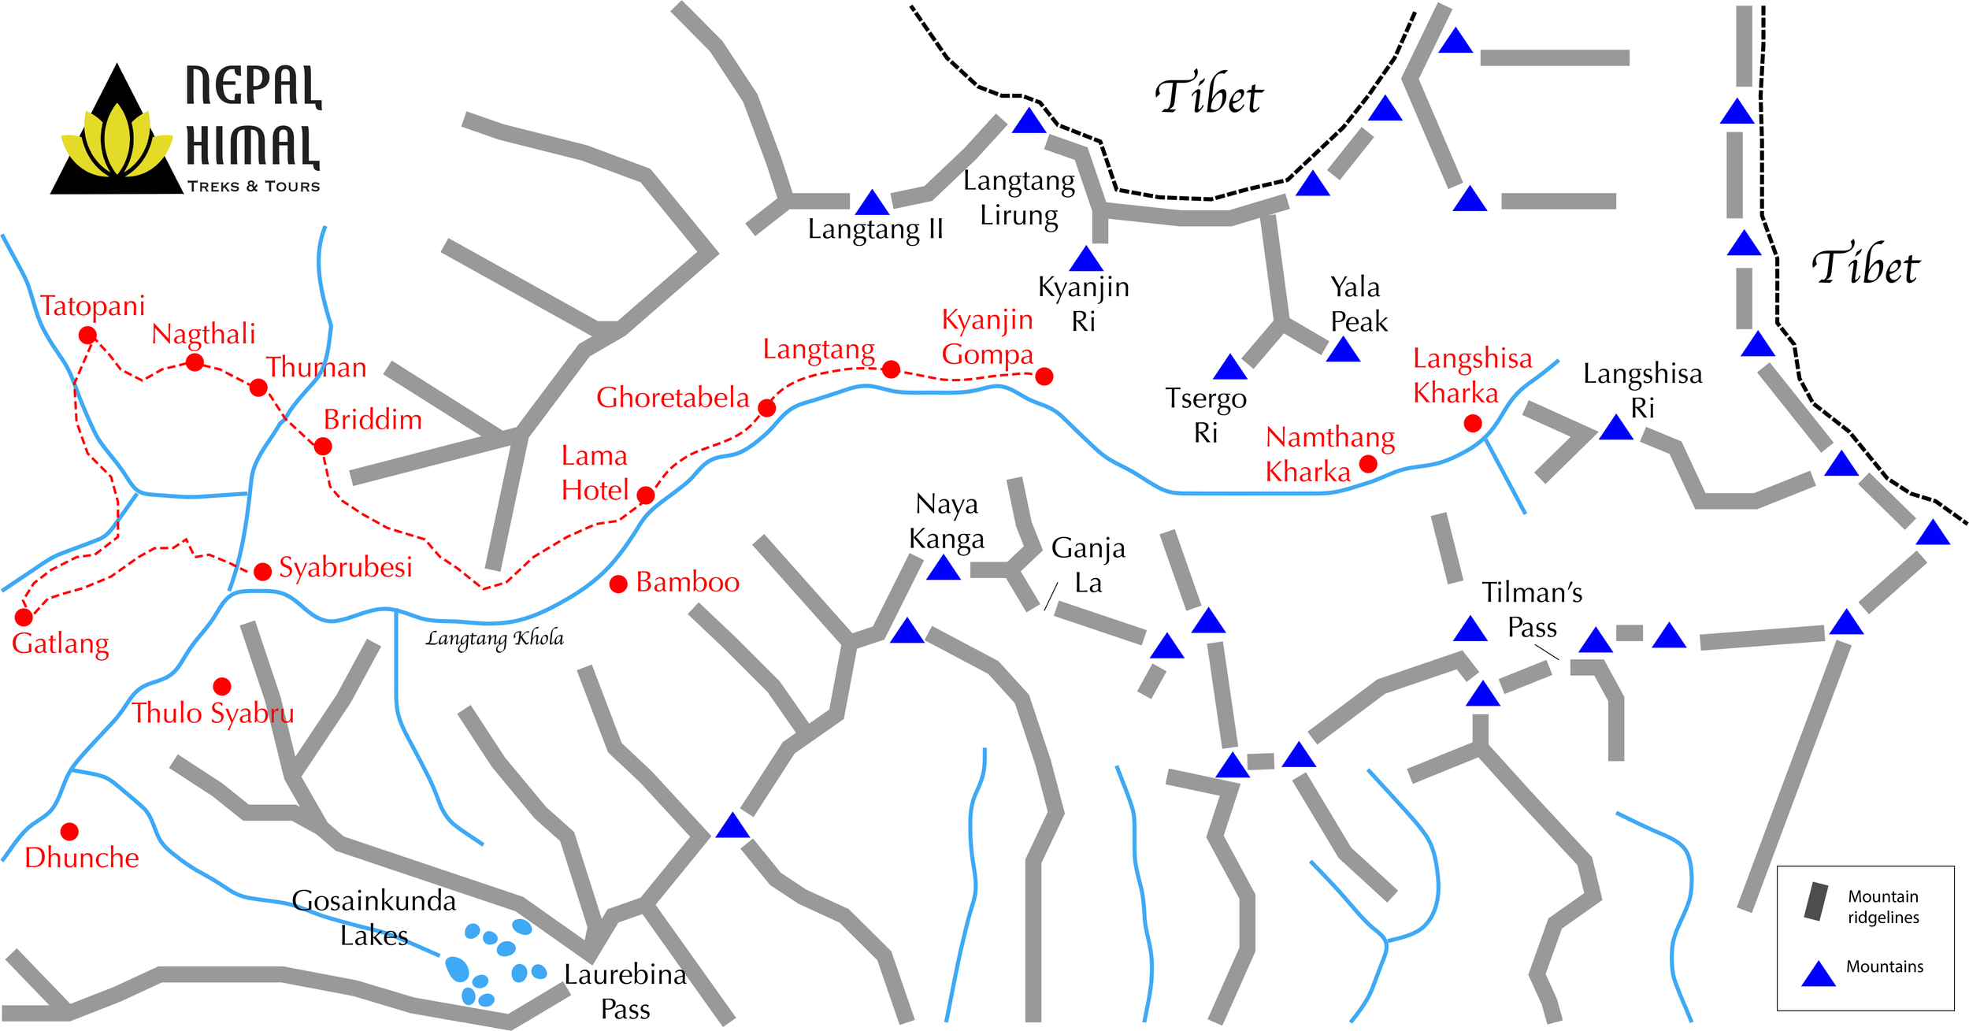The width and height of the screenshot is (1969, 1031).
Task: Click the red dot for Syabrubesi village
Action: click(x=262, y=571)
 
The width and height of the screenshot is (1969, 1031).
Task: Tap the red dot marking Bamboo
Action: click(x=618, y=584)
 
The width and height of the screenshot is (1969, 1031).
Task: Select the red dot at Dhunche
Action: click(x=69, y=831)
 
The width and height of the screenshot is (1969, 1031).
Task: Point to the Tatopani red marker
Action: click(x=87, y=336)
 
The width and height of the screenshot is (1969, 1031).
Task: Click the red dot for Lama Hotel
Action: click(x=646, y=495)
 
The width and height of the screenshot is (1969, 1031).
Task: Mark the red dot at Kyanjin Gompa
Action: click(x=1044, y=376)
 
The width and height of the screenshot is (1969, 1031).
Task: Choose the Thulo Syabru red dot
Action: click(x=222, y=687)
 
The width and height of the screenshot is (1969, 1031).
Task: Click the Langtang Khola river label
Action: click(x=495, y=638)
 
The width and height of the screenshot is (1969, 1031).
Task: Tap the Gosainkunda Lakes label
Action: click(x=374, y=918)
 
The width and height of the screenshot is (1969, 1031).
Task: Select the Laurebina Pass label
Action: click(x=625, y=992)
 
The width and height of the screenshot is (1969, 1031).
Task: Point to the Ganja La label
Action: click(x=1088, y=565)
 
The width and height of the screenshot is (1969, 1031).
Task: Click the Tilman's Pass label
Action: click(x=1532, y=609)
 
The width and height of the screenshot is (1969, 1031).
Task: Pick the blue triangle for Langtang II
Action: click(x=872, y=203)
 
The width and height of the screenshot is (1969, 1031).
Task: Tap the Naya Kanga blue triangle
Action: click(x=943, y=569)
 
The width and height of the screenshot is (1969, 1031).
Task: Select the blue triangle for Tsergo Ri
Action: click(x=1229, y=368)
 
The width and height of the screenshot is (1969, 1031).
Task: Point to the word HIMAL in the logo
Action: click(x=252, y=146)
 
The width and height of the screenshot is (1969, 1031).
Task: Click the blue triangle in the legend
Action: click(x=1819, y=975)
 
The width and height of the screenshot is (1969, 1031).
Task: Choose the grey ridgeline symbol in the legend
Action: click(x=1816, y=902)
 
